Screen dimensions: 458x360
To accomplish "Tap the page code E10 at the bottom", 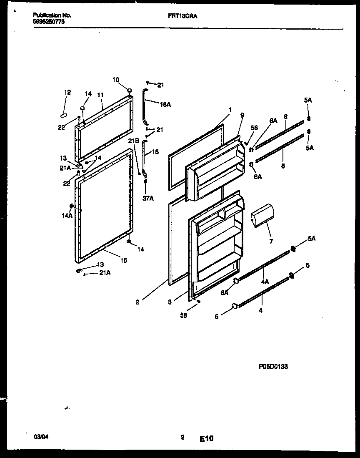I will [206, 438].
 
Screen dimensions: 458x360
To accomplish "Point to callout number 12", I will [67, 92].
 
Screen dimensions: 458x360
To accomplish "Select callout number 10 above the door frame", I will [116, 79].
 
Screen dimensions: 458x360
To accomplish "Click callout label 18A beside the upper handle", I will [165, 104].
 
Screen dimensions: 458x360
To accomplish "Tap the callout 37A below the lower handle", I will [148, 198].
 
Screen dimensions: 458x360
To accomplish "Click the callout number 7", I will [271, 241].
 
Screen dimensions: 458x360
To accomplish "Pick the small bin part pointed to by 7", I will [262, 216].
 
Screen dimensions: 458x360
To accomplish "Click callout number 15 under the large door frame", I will [124, 260].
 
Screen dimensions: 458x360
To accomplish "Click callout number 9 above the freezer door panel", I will [242, 115].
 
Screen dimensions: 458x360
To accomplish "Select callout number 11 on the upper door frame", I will [100, 95].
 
